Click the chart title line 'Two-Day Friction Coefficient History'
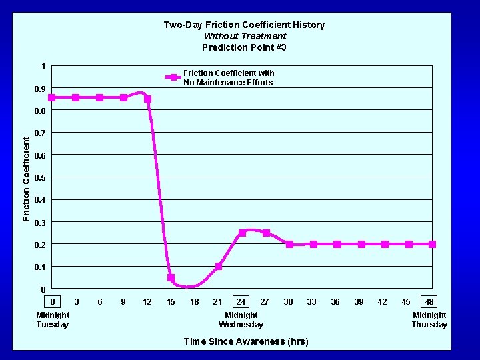(x=244, y=25)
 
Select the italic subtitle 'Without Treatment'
(x=244, y=36)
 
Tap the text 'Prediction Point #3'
(x=244, y=47)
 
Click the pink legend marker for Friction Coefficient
(x=173, y=77)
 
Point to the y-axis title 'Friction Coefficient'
(x=27, y=179)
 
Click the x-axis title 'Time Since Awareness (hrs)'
(x=245, y=341)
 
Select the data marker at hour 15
(x=171, y=278)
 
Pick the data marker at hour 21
(x=219, y=266)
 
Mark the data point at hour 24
(x=242, y=233)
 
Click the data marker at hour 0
(x=52, y=97)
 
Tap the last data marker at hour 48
(x=432, y=244)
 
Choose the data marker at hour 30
(x=289, y=244)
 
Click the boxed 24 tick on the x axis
(x=241, y=302)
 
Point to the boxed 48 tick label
(x=429, y=302)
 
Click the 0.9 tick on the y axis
(x=40, y=89)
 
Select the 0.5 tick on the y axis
(x=40, y=178)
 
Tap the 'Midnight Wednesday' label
(x=241, y=320)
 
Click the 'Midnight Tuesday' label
(x=53, y=320)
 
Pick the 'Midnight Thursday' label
(x=429, y=320)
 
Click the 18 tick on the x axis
(x=194, y=302)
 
